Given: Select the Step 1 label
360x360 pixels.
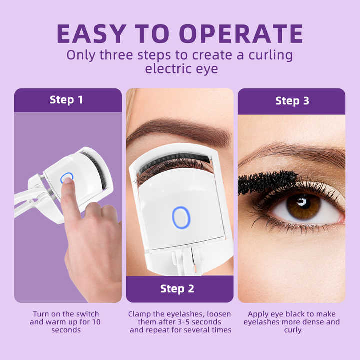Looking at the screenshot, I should point(66,100).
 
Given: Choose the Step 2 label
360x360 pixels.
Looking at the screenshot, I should point(177,289).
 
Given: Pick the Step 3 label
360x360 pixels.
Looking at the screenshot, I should point(292,101).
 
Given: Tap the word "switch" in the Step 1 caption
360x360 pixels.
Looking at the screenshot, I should point(87,314).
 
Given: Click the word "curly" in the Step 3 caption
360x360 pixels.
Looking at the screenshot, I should point(292,330).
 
